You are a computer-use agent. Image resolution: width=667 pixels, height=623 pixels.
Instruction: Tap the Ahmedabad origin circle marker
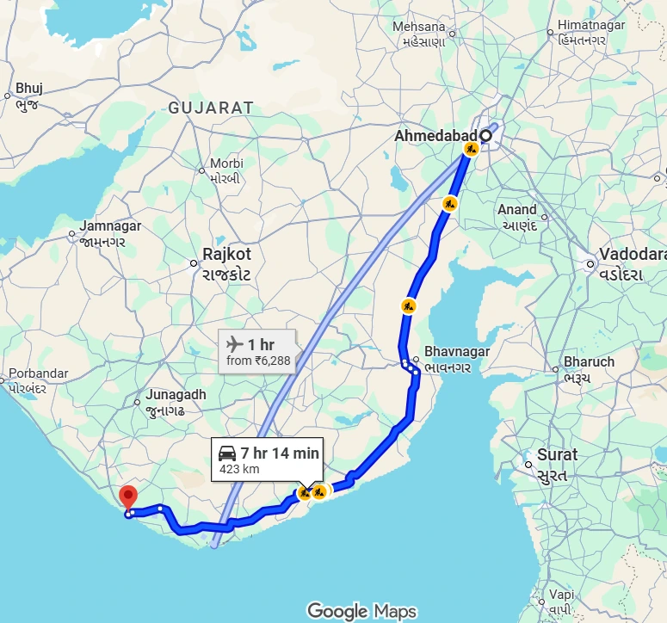(485, 135)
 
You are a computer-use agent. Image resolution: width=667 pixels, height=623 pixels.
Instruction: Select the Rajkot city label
(227, 255)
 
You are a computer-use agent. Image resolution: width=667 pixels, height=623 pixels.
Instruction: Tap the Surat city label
(557, 454)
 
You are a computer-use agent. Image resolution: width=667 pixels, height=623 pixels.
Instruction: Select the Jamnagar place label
(109, 226)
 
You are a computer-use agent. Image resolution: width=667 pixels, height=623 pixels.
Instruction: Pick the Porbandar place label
(38, 373)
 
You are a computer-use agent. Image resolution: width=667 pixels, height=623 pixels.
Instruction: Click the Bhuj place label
(28, 88)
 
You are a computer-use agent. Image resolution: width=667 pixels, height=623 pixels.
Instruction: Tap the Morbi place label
(226, 163)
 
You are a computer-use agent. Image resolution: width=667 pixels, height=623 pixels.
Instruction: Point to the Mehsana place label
(419, 27)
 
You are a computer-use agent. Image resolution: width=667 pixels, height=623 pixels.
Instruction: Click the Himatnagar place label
(591, 25)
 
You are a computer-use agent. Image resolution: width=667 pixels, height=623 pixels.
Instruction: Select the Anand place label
(517, 209)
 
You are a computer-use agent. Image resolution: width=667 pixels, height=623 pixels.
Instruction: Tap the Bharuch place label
(589, 361)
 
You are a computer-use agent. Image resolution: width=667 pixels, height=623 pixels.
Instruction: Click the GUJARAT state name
(211, 108)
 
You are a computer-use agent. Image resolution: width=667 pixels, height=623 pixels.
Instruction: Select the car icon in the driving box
(227, 453)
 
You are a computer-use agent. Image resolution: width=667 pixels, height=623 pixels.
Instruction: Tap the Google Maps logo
(361, 611)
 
